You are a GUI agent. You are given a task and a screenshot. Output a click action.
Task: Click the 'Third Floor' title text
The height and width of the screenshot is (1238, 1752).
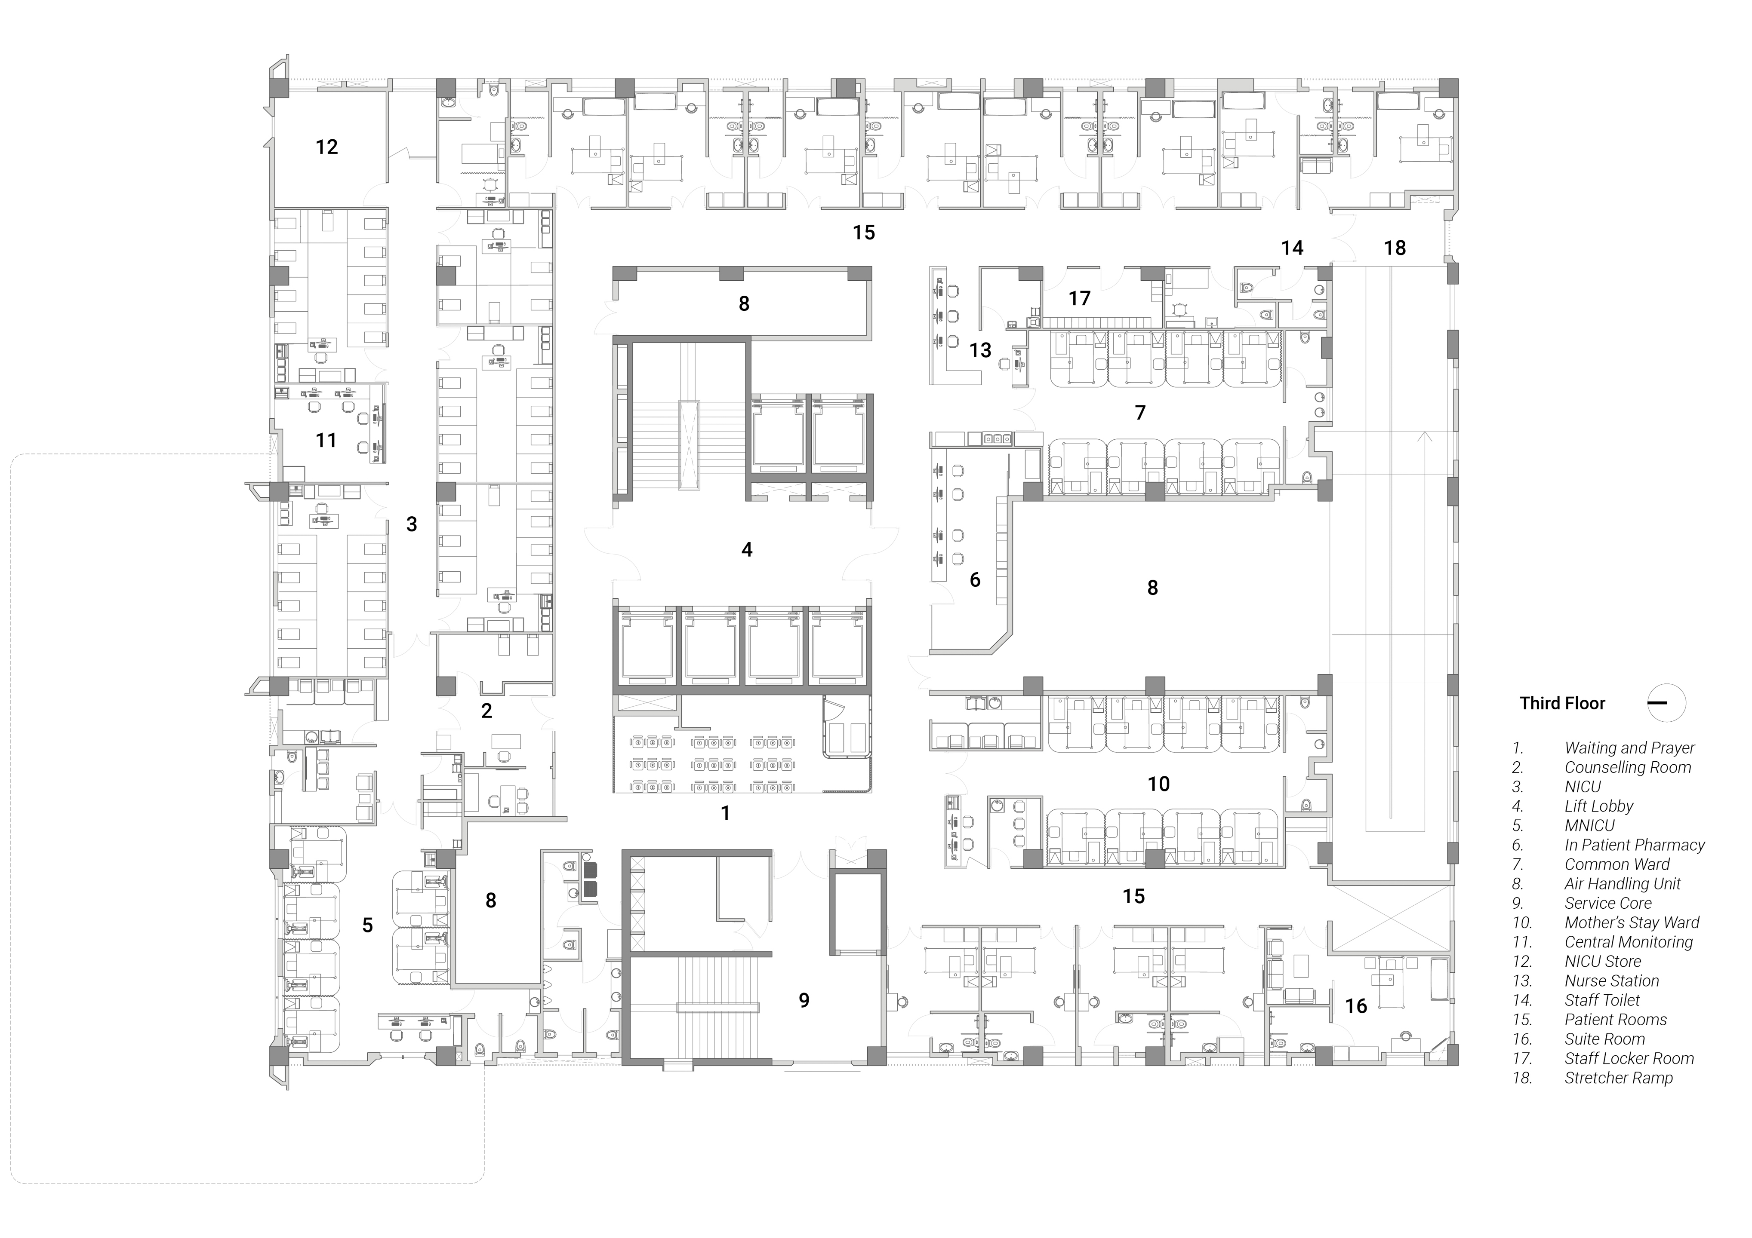[1562, 703]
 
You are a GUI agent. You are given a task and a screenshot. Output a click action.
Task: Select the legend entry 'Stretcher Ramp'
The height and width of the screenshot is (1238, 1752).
[1619, 1078]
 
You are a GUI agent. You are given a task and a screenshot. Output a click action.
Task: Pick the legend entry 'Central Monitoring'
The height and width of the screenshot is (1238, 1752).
[1629, 942]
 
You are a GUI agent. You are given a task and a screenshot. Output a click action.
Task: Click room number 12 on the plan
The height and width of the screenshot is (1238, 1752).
[326, 147]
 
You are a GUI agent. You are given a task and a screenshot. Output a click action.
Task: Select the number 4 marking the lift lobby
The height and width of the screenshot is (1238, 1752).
[747, 549]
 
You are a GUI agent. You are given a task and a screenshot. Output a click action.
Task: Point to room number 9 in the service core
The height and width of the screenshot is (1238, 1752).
[804, 1000]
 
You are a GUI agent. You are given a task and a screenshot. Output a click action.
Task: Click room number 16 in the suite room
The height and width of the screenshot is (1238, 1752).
[1356, 1006]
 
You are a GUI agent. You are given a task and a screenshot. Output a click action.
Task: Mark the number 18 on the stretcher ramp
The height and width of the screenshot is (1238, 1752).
[1395, 248]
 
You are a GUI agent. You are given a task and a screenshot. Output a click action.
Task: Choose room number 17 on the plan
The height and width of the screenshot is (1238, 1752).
[1079, 298]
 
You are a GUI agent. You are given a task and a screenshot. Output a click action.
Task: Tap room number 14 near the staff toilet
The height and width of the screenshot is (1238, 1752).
[1292, 248]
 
